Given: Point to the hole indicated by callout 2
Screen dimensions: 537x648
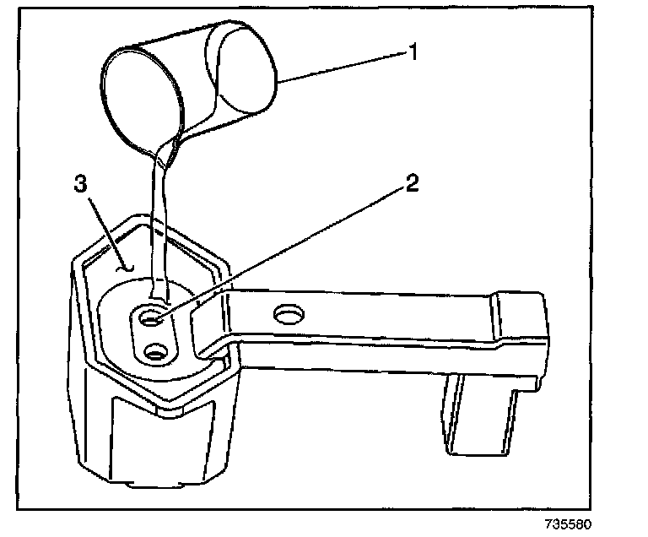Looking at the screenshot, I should pos(153,318).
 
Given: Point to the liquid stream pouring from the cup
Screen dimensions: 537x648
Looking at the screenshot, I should pos(157,220).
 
